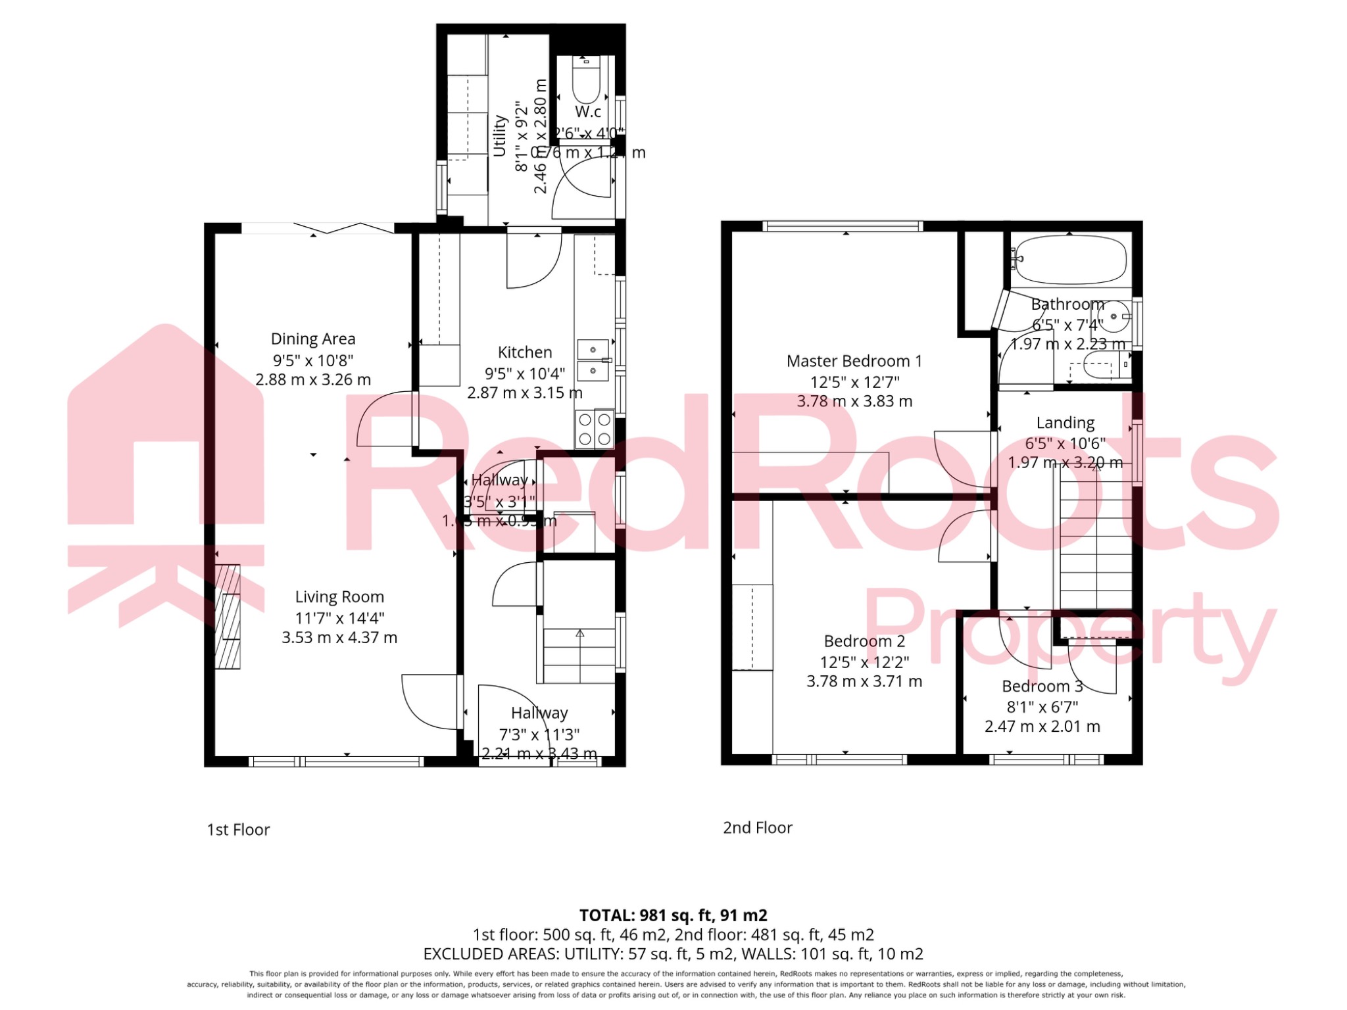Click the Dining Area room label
313,339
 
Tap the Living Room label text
339,597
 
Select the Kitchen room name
524,352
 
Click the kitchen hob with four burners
595,429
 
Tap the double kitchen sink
593,360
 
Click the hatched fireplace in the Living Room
228,617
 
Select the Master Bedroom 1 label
854,361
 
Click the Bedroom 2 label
864,641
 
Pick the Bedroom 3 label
1042,686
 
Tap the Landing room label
1065,423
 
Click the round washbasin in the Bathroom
1114,317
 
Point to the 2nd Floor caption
758,828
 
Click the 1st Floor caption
238,830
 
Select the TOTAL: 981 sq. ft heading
673,915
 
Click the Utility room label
499,136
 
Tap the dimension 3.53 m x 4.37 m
339,638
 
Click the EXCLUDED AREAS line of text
673,953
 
